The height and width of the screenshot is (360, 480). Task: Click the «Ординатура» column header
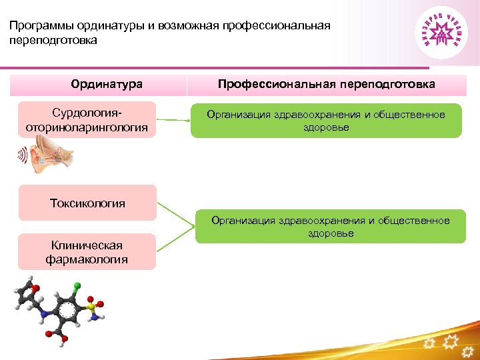pos(107,84)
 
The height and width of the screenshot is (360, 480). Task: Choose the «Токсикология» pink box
pos(87,203)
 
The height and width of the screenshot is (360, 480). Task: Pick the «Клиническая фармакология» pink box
pos(87,252)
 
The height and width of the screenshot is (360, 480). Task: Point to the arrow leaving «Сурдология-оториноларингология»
pos(173,121)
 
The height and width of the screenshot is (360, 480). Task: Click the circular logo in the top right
pos(443,33)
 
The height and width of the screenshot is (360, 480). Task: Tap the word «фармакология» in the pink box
pos(87,259)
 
